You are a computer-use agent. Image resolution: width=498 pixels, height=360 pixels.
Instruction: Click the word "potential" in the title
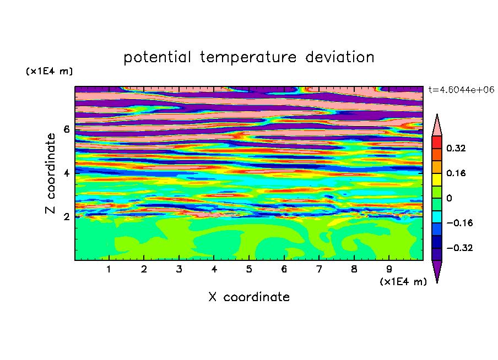point(157,58)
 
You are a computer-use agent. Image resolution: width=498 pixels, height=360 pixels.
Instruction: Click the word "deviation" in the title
point(340,57)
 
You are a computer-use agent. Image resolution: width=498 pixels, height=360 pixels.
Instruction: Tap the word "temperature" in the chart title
point(248,58)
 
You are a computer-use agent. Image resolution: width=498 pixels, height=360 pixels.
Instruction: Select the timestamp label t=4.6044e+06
point(462,90)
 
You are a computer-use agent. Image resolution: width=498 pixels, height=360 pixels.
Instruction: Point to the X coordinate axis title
point(249,297)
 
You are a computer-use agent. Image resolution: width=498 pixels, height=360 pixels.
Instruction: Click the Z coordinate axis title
point(50,173)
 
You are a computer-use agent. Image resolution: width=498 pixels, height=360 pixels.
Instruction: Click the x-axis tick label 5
point(249,269)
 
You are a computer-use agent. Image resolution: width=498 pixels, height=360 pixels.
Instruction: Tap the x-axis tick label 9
point(389,269)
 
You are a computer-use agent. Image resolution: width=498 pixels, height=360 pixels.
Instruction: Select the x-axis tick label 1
point(109,269)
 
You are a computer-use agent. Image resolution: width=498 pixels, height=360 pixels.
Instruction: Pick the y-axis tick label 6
point(66,129)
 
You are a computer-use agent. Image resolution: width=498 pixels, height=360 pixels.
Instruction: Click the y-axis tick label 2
point(66,216)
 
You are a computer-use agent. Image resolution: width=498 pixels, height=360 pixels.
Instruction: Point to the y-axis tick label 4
point(66,173)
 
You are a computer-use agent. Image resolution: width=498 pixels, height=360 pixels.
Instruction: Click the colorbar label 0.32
point(456,148)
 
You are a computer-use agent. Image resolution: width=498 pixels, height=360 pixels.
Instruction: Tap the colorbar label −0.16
point(459,223)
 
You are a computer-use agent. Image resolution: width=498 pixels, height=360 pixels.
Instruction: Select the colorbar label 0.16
point(456,173)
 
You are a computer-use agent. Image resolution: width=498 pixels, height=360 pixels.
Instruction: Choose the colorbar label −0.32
point(459,248)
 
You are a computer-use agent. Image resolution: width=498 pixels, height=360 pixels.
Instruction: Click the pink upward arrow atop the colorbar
point(437,127)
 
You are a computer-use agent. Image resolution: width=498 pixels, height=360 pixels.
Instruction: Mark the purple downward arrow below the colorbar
point(437,269)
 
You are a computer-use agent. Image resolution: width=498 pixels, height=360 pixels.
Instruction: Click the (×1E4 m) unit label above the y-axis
point(49,71)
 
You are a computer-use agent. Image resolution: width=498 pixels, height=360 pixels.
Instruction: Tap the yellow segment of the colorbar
point(437,179)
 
